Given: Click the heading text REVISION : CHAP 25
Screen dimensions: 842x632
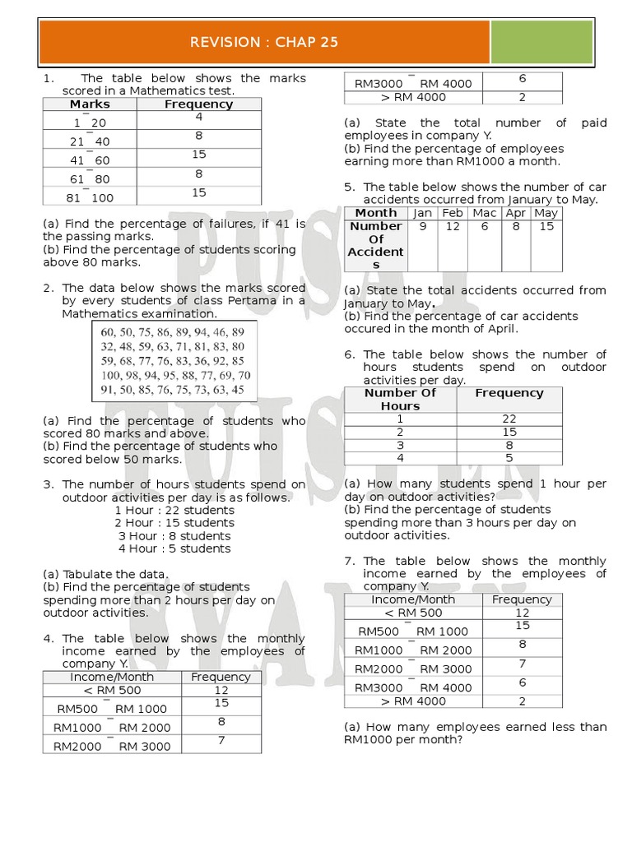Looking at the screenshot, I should coord(264,43).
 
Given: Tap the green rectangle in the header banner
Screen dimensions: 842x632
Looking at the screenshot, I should coord(541,43).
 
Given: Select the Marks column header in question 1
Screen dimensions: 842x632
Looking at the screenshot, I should coord(90,104).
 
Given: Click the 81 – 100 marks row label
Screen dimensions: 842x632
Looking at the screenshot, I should coord(91,198).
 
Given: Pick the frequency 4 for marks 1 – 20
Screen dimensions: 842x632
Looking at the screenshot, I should coord(198,117).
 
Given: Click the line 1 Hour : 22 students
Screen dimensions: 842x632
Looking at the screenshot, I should coord(174,511).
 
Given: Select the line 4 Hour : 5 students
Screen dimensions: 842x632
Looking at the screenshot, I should coord(174,548).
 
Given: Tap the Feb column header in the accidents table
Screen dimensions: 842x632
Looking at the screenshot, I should coord(452,213).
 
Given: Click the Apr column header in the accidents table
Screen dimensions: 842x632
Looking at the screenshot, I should coord(515,213).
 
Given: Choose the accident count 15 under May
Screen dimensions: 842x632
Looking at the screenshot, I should coord(546,226).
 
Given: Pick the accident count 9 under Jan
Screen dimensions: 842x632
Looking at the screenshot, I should coord(422,226).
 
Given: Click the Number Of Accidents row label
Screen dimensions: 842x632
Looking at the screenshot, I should coord(375,245).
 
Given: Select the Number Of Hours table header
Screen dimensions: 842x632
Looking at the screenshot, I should coord(400,399).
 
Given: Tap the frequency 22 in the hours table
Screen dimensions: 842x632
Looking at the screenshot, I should coord(509,419).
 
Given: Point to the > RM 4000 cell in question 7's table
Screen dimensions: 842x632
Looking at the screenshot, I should coord(413,701).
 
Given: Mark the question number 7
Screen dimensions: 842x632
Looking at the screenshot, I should coord(349,561).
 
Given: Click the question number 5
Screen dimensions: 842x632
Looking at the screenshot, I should coord(349,187).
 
